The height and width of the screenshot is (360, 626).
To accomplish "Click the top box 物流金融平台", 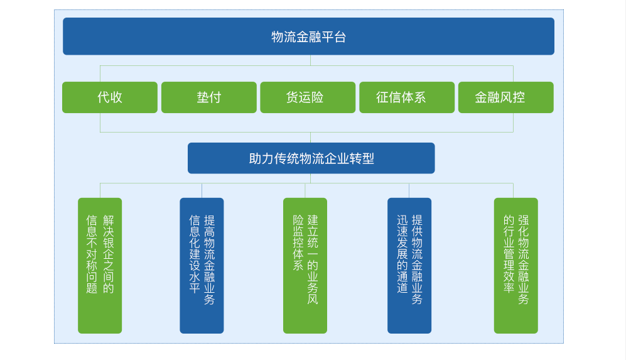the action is pyautogui.click(x=308, y=36).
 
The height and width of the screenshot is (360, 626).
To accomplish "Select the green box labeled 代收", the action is pyautogui.click(x=110, y=97).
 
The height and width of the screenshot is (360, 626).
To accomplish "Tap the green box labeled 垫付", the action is pyautogui.click(x=209, y=97).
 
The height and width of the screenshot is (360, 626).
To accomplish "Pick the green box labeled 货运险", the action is pyautogui.click(x=308, y=97).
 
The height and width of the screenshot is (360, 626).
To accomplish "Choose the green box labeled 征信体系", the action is pyautogui.click(x=407, y=97).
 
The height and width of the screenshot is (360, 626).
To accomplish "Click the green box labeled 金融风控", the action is pyautogui.click(x=506, y=97).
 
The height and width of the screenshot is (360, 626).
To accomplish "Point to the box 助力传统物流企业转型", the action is pyautogui.click(x=311, y=158).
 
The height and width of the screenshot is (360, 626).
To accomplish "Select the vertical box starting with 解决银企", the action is pyautogui.click(x=100, y=266).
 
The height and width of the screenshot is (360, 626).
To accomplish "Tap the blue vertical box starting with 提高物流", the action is pyautogui.click(x=202, y=266).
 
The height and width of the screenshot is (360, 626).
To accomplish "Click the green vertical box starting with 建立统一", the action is pyautogui.click(x=305, y=266).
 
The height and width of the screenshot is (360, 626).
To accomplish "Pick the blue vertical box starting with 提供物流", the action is pyautogui.click(x=409, y=266).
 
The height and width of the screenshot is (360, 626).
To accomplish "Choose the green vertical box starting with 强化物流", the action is pyautogui.click(x=516, y=266).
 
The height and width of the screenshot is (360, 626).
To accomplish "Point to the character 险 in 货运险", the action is pyautogui.click(x=317, y=97).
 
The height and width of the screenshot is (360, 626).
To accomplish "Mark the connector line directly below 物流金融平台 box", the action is pyautogui.click(x=310, y=60).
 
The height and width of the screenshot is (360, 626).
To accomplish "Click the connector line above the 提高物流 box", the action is pyautogui.click(x=202, y=190).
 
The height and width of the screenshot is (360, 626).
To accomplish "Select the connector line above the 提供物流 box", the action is pyautogui.click(x=409, y=190).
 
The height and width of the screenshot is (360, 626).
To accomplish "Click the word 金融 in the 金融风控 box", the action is pyautogui.click(x=487, y=97).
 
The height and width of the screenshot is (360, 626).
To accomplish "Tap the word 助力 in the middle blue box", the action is pyautogui.click(x=261, y=158).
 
